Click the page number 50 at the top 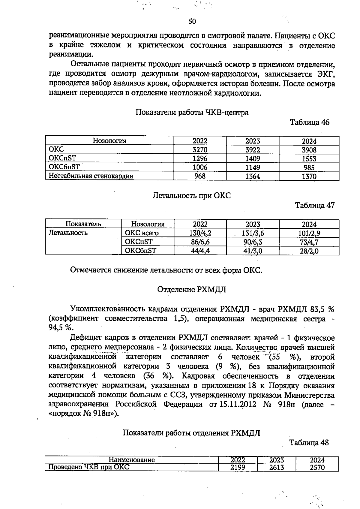click(192, 21)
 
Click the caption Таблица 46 click(309, 122)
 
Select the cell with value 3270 click(200, 150)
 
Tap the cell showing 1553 click(309, 159)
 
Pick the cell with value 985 click(309, 167)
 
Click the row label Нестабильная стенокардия click(91, 176)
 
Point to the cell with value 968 click(200, 176)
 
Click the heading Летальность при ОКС click(192, 196)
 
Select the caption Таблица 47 click(315, 206)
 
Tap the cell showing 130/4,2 click(200, 233)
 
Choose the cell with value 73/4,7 click(309, 242)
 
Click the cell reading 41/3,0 click(253, 251)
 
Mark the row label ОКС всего click(142, 233)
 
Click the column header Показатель click(83, 224)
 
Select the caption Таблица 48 click(309, 443)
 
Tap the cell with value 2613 click(276, 468)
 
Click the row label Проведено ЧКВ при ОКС click(89, 467)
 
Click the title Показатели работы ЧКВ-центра click(192, 113)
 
